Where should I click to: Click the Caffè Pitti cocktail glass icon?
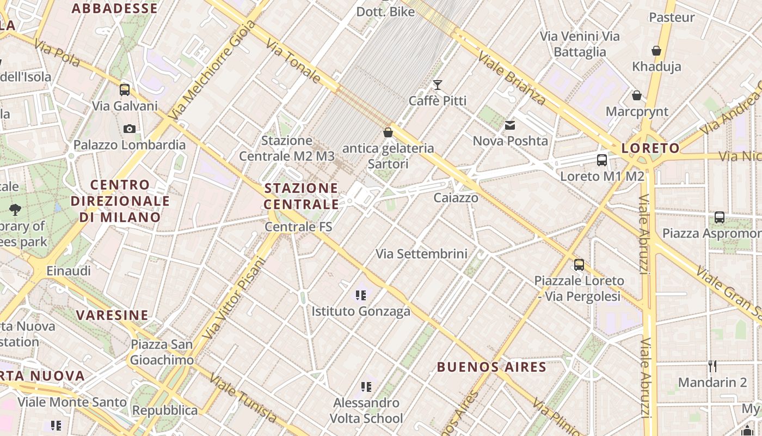[x=437, y=85]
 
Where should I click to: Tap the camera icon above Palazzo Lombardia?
[x=130, y=129]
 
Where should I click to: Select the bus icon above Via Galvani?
[x=125, y=90]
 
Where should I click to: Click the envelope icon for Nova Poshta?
[x=510, y=125]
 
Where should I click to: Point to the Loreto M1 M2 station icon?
[x=602, y=160]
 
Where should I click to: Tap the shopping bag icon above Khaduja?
[x=656, y=51]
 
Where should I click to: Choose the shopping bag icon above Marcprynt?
[x=636, y=96]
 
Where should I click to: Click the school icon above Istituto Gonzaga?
[x=360, y=295]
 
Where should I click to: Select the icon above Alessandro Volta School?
[x=367, y=387]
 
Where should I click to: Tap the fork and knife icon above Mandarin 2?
[x=712, y=366]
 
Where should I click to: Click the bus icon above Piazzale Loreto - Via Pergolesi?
[x=579, y=265]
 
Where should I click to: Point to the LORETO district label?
[x=650, y=148]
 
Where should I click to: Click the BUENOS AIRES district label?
[x=491, y=367]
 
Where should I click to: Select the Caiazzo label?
[x=456, y=198]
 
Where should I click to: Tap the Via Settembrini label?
[x=422, y=253]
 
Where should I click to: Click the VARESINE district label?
[x=112, y=315]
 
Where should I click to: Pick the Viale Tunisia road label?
[x=243, y=398]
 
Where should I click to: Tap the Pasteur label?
[x=672, y=17]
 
